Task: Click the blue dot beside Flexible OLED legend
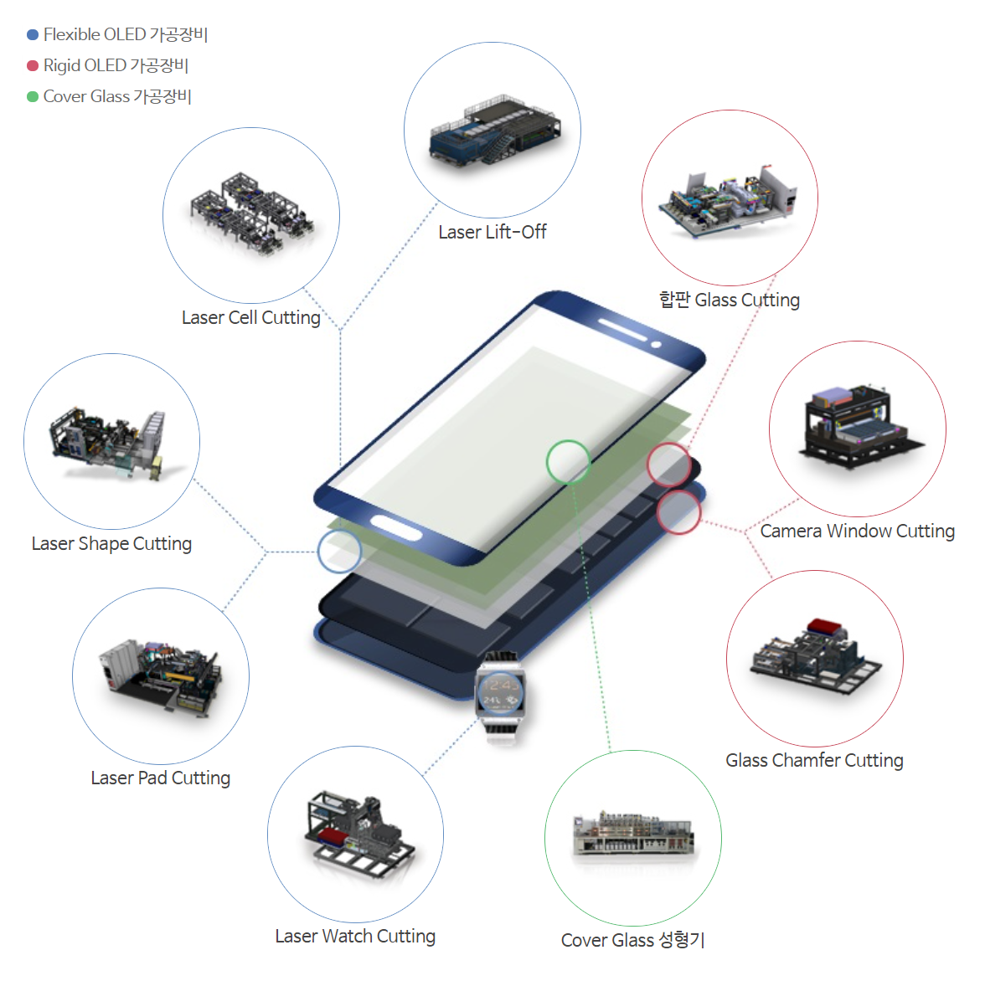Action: click(33, 34)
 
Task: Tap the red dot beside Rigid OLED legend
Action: click(33, 65)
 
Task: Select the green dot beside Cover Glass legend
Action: click(33, 97)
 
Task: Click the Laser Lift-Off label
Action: click(492, 232)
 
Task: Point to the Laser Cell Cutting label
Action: click(251, 317)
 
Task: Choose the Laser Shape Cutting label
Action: click(111, 543)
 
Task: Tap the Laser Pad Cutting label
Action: click(161, 778)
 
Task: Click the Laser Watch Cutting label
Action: click(355, 937)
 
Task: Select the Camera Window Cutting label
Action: click(857, 531)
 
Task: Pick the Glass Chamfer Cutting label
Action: click(814, 760)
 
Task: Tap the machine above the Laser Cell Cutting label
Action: click(252, 213)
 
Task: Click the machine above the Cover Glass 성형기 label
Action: click(633, 833)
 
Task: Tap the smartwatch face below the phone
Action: click(500, 694)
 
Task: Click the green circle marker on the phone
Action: click(569, 462)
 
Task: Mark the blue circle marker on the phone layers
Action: click(339, 552)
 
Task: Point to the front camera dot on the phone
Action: click(656, 345)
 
